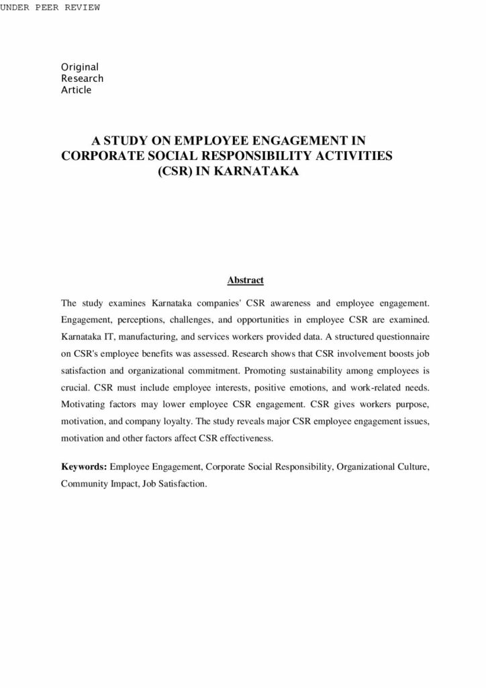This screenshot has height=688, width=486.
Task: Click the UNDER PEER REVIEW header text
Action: point(50,7)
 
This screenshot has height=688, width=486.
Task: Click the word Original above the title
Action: point(80,67)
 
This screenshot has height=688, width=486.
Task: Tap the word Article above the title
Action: point(76,89)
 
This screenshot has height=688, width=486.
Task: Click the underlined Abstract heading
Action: point(245,280)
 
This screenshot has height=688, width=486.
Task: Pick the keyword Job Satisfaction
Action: point(173,483)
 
